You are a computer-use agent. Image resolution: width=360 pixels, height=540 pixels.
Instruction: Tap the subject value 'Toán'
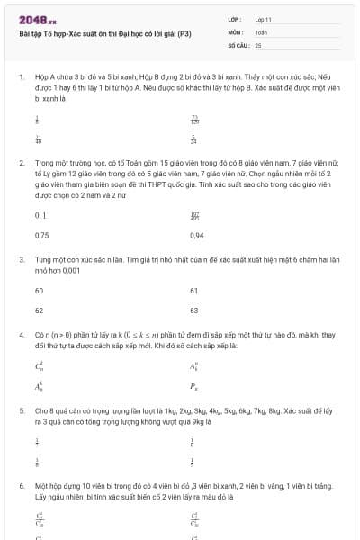pos(261,31)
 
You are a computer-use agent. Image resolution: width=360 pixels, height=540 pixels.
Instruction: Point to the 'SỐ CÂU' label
pos(238,44)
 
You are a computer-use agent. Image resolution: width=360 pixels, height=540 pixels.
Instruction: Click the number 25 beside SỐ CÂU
pos(258,44)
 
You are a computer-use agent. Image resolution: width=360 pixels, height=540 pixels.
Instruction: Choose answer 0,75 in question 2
pos(41,235)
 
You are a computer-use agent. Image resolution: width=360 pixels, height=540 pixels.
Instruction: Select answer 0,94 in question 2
pos(197,235)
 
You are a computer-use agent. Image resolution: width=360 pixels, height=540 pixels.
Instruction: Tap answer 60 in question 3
pos(39,291)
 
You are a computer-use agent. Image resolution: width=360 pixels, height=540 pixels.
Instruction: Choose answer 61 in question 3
pos(194,291)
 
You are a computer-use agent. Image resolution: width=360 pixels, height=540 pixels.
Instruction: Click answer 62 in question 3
pos(39,310)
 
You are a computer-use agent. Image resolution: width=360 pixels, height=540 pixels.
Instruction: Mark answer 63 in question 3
pos(194,310)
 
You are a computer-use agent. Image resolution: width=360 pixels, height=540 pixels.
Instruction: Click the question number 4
pos(21,334)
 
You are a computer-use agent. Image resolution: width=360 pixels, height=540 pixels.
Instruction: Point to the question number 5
pos(21,409)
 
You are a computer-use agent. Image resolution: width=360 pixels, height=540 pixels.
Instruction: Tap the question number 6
pos(21,484)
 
